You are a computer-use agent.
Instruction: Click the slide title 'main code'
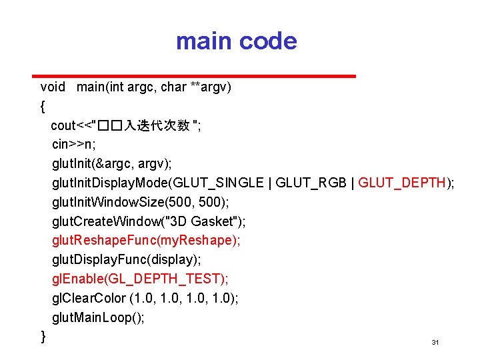(x=236, y=41)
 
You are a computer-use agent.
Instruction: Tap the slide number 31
(x=435, y=342)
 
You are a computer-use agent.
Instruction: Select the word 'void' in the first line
(x=53, y=87)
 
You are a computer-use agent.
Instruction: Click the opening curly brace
(x=43, y=105)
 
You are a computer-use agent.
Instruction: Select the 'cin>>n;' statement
(x=74, y=144)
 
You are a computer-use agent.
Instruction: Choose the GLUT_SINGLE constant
(x=226, y=183)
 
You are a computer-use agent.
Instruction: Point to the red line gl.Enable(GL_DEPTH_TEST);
(x=140, y=279)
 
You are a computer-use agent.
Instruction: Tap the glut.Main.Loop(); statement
(x=98, y=317)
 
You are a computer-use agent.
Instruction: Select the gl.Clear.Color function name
(x=87, y=298)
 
